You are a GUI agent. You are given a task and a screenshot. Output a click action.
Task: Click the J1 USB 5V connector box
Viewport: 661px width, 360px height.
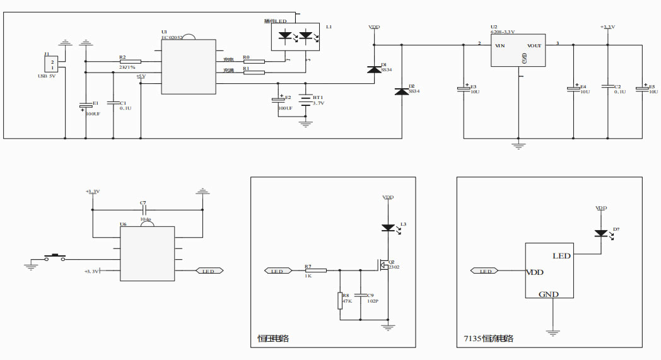pyautogui.click(x=52, y=65)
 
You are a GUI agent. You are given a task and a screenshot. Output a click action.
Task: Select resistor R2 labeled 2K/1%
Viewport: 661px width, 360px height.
pyautogui.click(x=130, y=61)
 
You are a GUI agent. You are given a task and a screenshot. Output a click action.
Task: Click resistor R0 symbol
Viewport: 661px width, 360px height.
pyautogui.click(x=254, y=61)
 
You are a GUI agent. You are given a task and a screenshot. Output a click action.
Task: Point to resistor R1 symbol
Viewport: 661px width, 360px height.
pyautogui.click(x=254, y=73)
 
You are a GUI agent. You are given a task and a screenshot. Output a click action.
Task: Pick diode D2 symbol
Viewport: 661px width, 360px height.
pyautogui.click(x=402, y=92)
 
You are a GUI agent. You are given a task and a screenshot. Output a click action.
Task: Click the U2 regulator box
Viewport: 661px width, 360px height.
pyautogui.click(x=517, y=50)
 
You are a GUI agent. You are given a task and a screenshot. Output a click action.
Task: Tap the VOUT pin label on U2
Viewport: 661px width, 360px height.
pyautogui.click(x=534, y=45)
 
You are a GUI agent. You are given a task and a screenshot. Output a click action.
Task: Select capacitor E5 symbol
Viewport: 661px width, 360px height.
pyautogui.click(x=643, y=88)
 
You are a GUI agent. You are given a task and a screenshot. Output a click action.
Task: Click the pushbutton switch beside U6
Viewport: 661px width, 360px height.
pyautogui.click(x=55, y=257)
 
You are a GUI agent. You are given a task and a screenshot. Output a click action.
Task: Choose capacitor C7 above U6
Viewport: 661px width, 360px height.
pyautogui.click(x=144, y=210)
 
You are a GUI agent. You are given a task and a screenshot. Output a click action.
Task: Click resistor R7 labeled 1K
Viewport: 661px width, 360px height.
pyautogui.click(x=315, y=270)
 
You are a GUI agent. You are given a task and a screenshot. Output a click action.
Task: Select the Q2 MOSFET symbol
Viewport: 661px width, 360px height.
pyautogui.click(x=383, y=265)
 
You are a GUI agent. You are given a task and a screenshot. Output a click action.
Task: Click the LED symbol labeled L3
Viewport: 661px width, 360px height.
pyautogui.click(x=388, y=228)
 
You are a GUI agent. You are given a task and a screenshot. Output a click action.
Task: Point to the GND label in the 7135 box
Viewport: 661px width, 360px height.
pyautogui.click(x=549, y=294)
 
